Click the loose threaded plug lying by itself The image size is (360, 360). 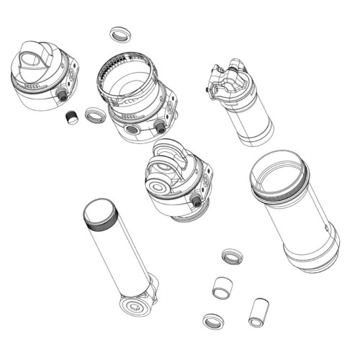71,118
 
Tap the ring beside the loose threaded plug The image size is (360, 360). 94,114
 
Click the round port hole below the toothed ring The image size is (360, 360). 132,128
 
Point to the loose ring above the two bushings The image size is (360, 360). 231,256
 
